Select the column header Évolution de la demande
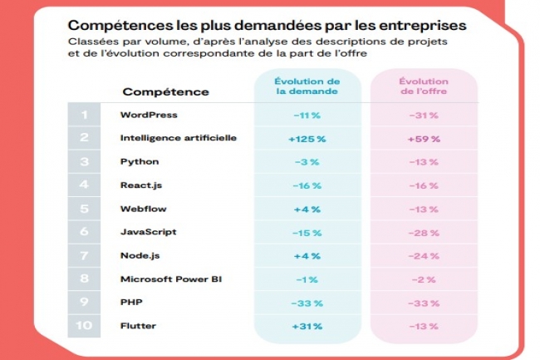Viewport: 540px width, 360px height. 307,86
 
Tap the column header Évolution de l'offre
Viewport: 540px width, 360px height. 423,86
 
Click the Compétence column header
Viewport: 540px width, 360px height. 166,91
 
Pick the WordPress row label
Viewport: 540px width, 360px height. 149,114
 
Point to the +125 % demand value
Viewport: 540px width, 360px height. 307,138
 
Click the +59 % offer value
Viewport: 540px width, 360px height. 423,138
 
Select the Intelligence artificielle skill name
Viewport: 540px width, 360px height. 179,137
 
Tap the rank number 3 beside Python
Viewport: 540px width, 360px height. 84,161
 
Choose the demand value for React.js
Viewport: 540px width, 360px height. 307,185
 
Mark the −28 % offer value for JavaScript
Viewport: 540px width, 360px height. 423,232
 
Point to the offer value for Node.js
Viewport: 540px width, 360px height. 423,255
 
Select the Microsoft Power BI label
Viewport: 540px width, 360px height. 171,279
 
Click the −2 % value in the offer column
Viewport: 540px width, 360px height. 423,279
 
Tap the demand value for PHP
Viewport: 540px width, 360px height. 307,303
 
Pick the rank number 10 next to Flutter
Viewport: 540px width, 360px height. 84,326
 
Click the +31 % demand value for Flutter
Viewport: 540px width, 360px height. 307,326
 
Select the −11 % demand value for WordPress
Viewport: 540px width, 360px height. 307,115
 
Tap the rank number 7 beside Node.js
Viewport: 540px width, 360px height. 84,255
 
